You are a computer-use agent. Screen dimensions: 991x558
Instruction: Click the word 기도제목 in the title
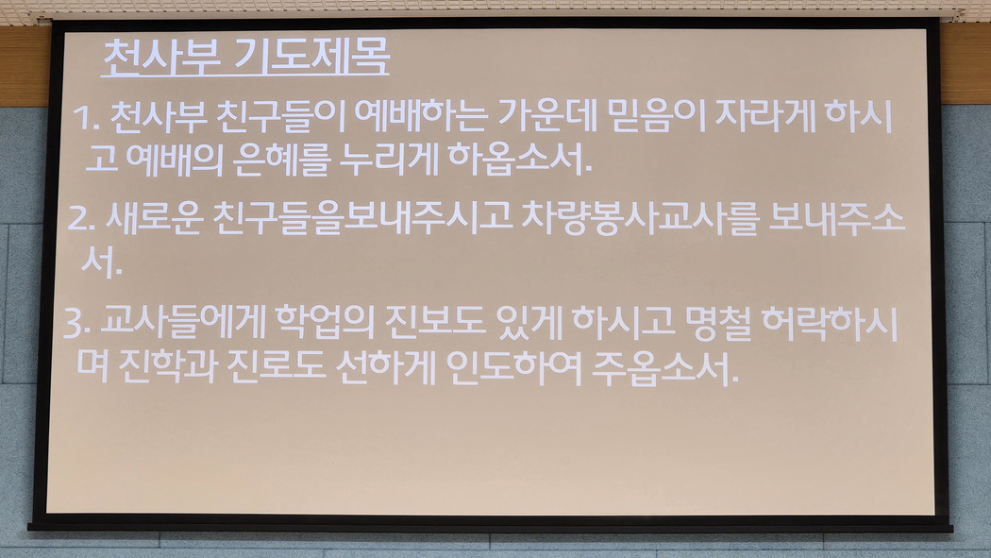tap(311, 57)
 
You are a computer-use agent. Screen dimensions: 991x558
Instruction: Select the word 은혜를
tap(281, 159)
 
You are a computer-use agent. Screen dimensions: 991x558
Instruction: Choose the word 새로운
tap(154, 218)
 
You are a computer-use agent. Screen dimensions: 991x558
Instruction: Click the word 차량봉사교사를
tap(640, 218)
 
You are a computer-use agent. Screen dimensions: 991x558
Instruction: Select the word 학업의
tap(325, 322)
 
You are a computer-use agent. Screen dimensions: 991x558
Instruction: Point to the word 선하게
tap(385, 367)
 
